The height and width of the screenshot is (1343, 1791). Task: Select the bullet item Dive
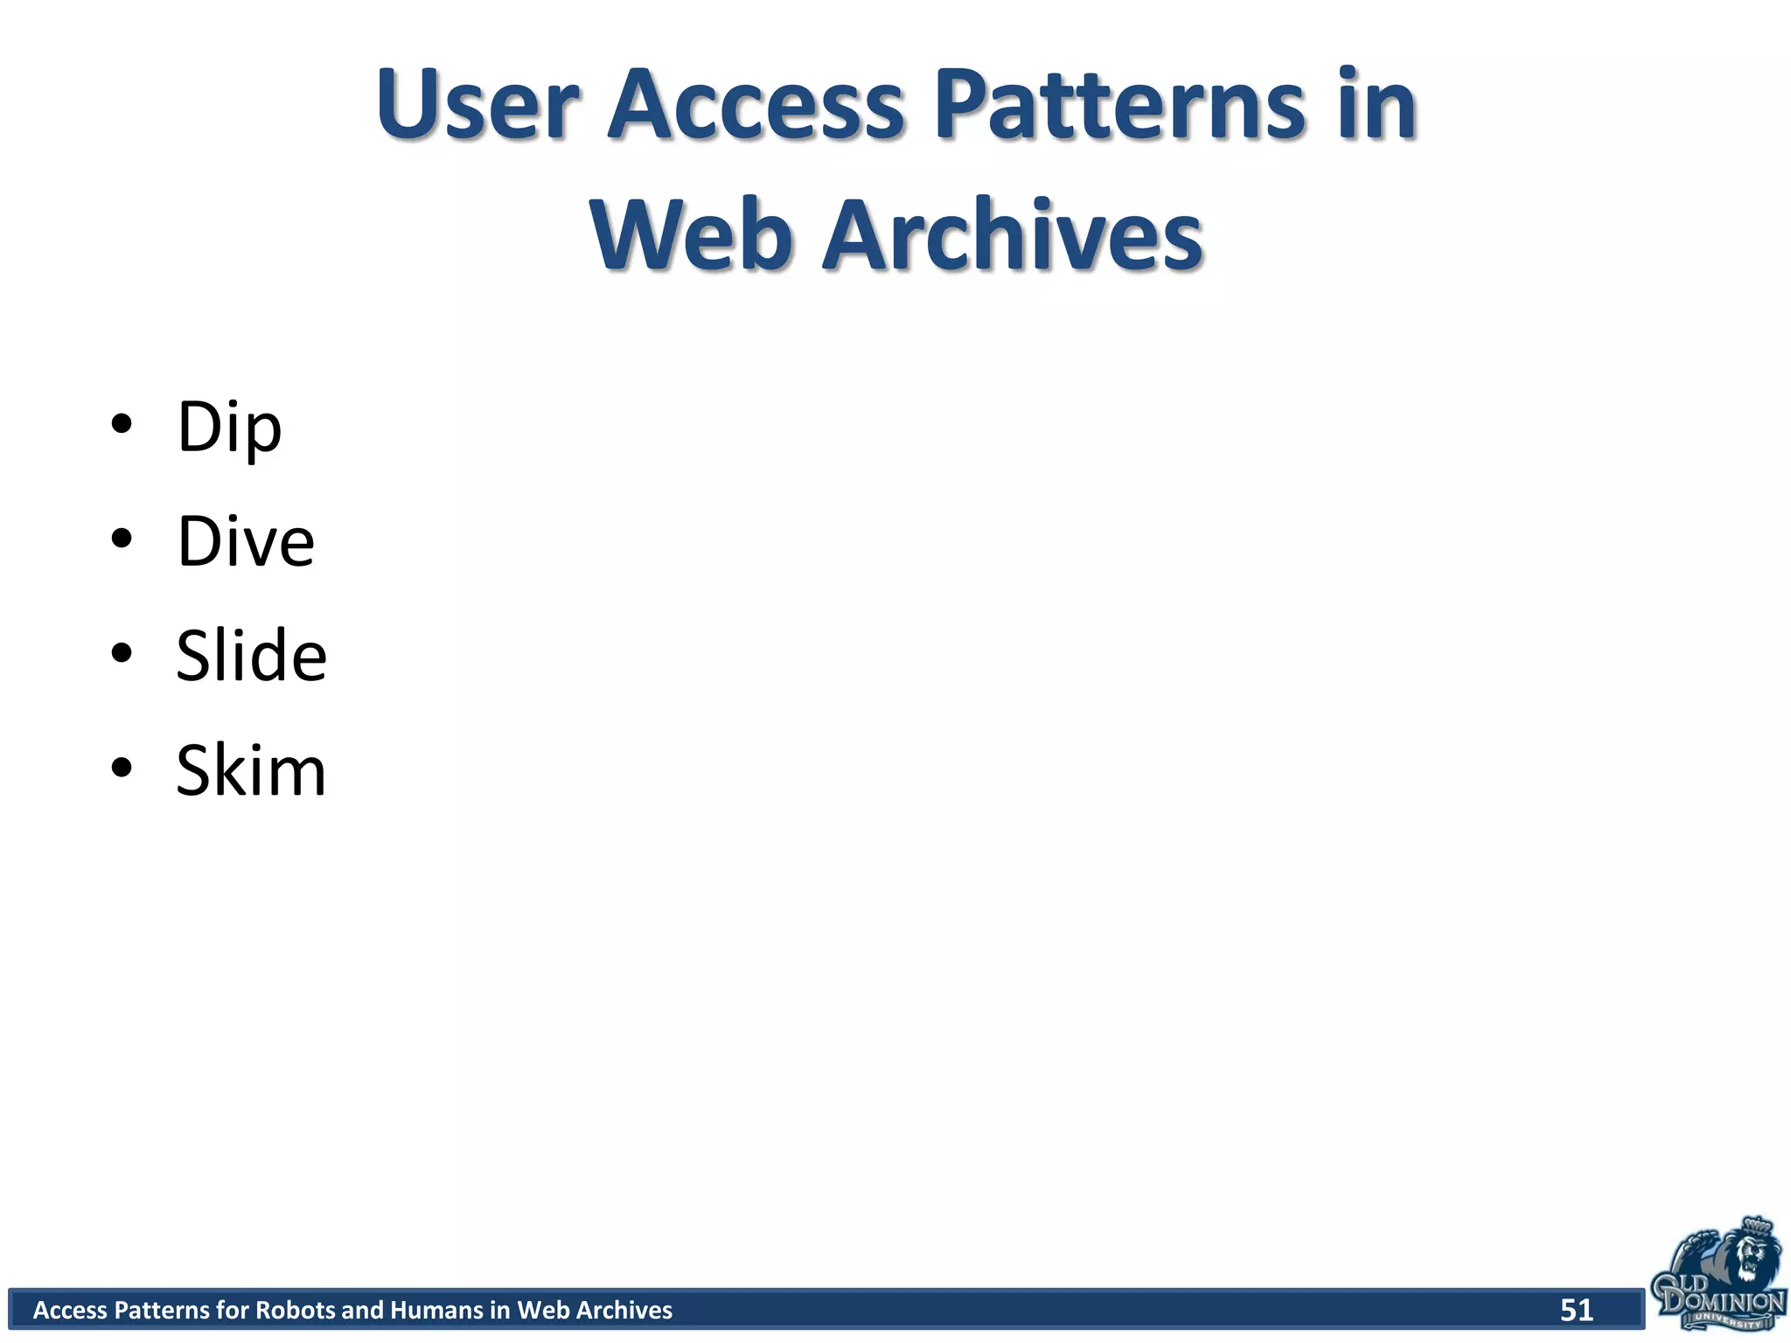coord(246,542)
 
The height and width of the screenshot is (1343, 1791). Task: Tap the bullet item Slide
coord(252,656)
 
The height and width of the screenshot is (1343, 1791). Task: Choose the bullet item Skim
coord(251,771)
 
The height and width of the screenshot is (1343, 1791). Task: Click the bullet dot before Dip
coord(122,424)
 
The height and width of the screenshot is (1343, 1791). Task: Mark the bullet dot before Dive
coord(122,539)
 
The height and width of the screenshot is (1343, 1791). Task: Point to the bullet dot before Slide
coord(122,653)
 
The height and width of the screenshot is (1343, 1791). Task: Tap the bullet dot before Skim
coord(122,768)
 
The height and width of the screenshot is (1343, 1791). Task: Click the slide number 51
coord(1576,1310)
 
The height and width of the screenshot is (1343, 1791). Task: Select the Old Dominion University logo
coord(1718,1277)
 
